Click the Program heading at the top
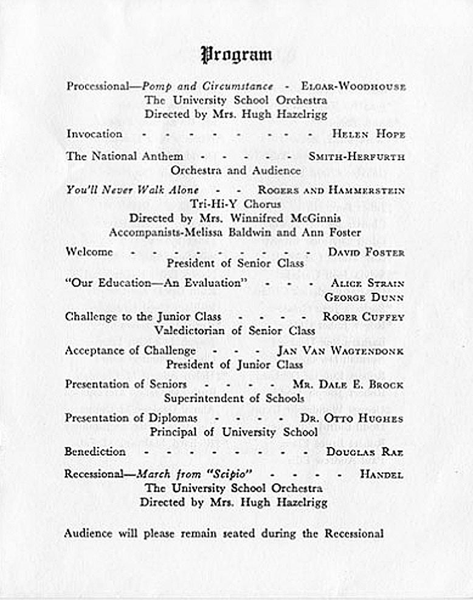pos(236,55)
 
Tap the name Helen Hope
pos(368,134)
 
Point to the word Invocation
pos(94,134)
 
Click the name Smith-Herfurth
pos(356,157)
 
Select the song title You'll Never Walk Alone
pos(133,190)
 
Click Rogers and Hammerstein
pos(331,191)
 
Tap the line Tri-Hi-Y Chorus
pos(235,204)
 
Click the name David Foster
pos(366,252)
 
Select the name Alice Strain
pos(367,283)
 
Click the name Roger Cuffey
pos(364,317)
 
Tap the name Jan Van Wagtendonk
pos(340,351)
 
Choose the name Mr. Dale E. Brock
pos(348,385)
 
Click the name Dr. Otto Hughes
pos(351,419)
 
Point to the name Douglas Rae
pos(365,452)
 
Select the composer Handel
pos(381,475)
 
